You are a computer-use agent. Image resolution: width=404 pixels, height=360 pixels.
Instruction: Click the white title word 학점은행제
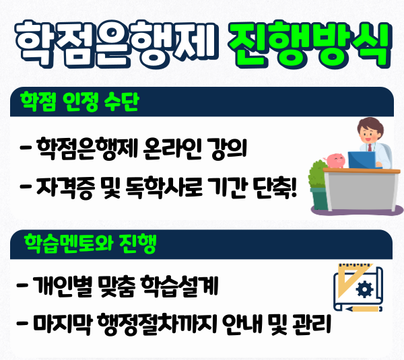[116, 44]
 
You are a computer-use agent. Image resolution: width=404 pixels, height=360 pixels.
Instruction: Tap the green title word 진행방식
[310, 44]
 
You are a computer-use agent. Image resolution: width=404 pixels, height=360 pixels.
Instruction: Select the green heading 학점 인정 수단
[79, 102]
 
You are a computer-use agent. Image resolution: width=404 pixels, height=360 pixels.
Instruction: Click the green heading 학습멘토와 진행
[90, 244]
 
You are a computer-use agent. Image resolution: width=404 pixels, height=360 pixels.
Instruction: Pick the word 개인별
[62, 285]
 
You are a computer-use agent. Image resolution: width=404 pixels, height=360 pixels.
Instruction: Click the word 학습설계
[180, 285]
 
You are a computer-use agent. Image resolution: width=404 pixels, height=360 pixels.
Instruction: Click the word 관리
[312, 324]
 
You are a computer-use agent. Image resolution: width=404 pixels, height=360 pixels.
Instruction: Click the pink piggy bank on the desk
[335, 160]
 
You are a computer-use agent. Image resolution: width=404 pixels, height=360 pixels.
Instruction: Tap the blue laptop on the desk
[362, 160]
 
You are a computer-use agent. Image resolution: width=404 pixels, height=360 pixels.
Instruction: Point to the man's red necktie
[370, 147]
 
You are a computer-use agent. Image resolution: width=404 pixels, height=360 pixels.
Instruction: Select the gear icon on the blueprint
[364, 289]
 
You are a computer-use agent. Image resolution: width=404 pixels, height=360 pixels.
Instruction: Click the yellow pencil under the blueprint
[364, 308]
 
